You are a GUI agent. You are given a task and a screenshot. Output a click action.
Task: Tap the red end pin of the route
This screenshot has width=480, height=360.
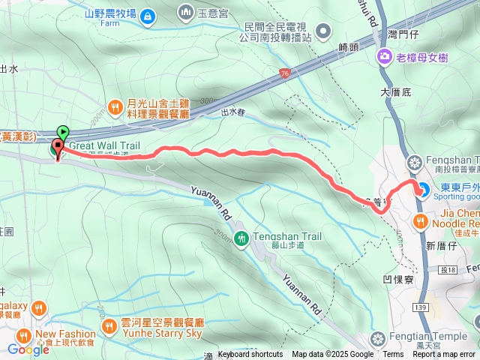pos(58,148)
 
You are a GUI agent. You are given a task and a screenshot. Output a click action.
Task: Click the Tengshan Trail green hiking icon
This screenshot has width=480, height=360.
pos(241,238)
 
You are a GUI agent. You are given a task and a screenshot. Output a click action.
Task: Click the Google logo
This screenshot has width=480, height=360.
pos(28,349)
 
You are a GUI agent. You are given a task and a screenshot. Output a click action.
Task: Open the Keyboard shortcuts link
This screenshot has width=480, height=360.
pos(250,355)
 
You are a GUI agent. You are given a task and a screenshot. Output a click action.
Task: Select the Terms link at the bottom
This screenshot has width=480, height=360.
pos(393,355)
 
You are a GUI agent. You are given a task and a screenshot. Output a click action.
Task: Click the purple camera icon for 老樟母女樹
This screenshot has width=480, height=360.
pos(385,55)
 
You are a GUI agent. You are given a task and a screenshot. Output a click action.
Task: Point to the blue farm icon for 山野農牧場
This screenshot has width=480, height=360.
pos(148,14)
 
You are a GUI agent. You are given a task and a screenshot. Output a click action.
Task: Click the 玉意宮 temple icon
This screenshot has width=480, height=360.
pos(185,12)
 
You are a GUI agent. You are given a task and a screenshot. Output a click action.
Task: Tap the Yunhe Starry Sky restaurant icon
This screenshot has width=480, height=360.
pos(109,326)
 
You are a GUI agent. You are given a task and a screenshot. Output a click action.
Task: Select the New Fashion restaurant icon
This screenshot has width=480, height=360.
pos(24,334)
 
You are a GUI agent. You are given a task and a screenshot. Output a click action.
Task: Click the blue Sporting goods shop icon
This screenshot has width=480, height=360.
pos(421,190)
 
